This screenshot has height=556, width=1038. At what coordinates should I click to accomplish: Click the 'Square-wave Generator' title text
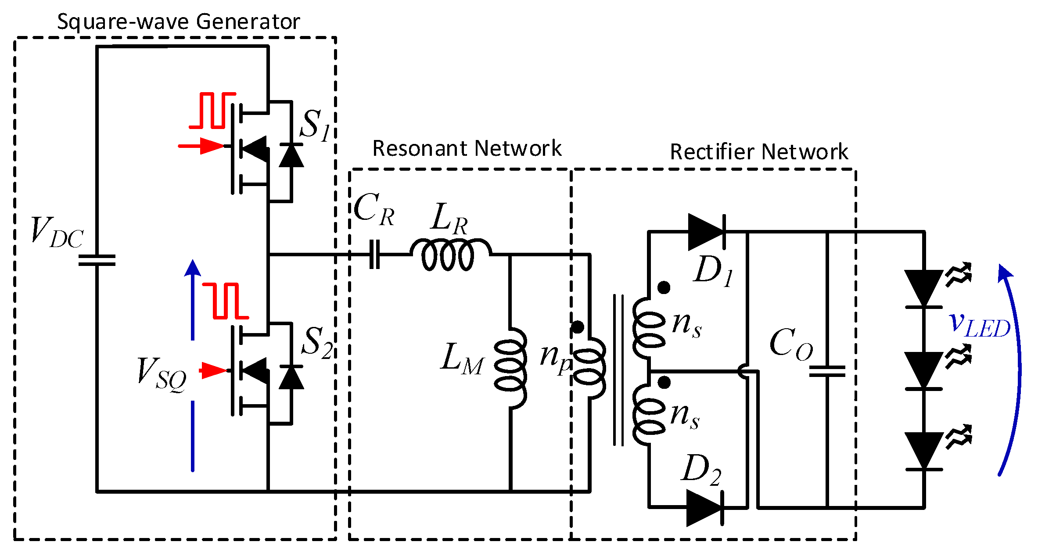click(x=179, y=22)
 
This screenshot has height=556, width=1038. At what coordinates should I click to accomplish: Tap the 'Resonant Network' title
click(x=467, y=148)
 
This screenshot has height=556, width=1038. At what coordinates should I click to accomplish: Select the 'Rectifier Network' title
click(x=759, y=152)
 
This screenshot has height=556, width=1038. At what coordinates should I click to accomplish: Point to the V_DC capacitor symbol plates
click(x=97, y=260)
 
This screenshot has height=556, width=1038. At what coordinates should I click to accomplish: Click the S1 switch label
click(x=314, y=125)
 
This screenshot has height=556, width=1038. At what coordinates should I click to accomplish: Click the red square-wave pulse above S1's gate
click(x=213, y=111)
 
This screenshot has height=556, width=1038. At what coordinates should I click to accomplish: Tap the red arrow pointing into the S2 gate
click(x=213, y=370)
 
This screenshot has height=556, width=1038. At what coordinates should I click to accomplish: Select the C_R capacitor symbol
click(x=374, y=254)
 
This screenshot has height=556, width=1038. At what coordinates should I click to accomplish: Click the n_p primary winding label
click(x=556, y=358)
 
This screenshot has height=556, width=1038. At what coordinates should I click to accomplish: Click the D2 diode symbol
click(x=704, y=508)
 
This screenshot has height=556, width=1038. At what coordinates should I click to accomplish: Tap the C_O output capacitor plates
click(x=827, y=371)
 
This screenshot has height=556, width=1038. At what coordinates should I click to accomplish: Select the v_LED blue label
click(x=978, y=326)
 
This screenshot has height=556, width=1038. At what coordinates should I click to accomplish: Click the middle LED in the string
click(x=923, y=369)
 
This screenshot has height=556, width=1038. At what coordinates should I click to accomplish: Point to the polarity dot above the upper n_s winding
click(x=664, y=287)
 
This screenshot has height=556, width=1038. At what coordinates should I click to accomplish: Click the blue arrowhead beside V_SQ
click(x=193, y=269)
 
